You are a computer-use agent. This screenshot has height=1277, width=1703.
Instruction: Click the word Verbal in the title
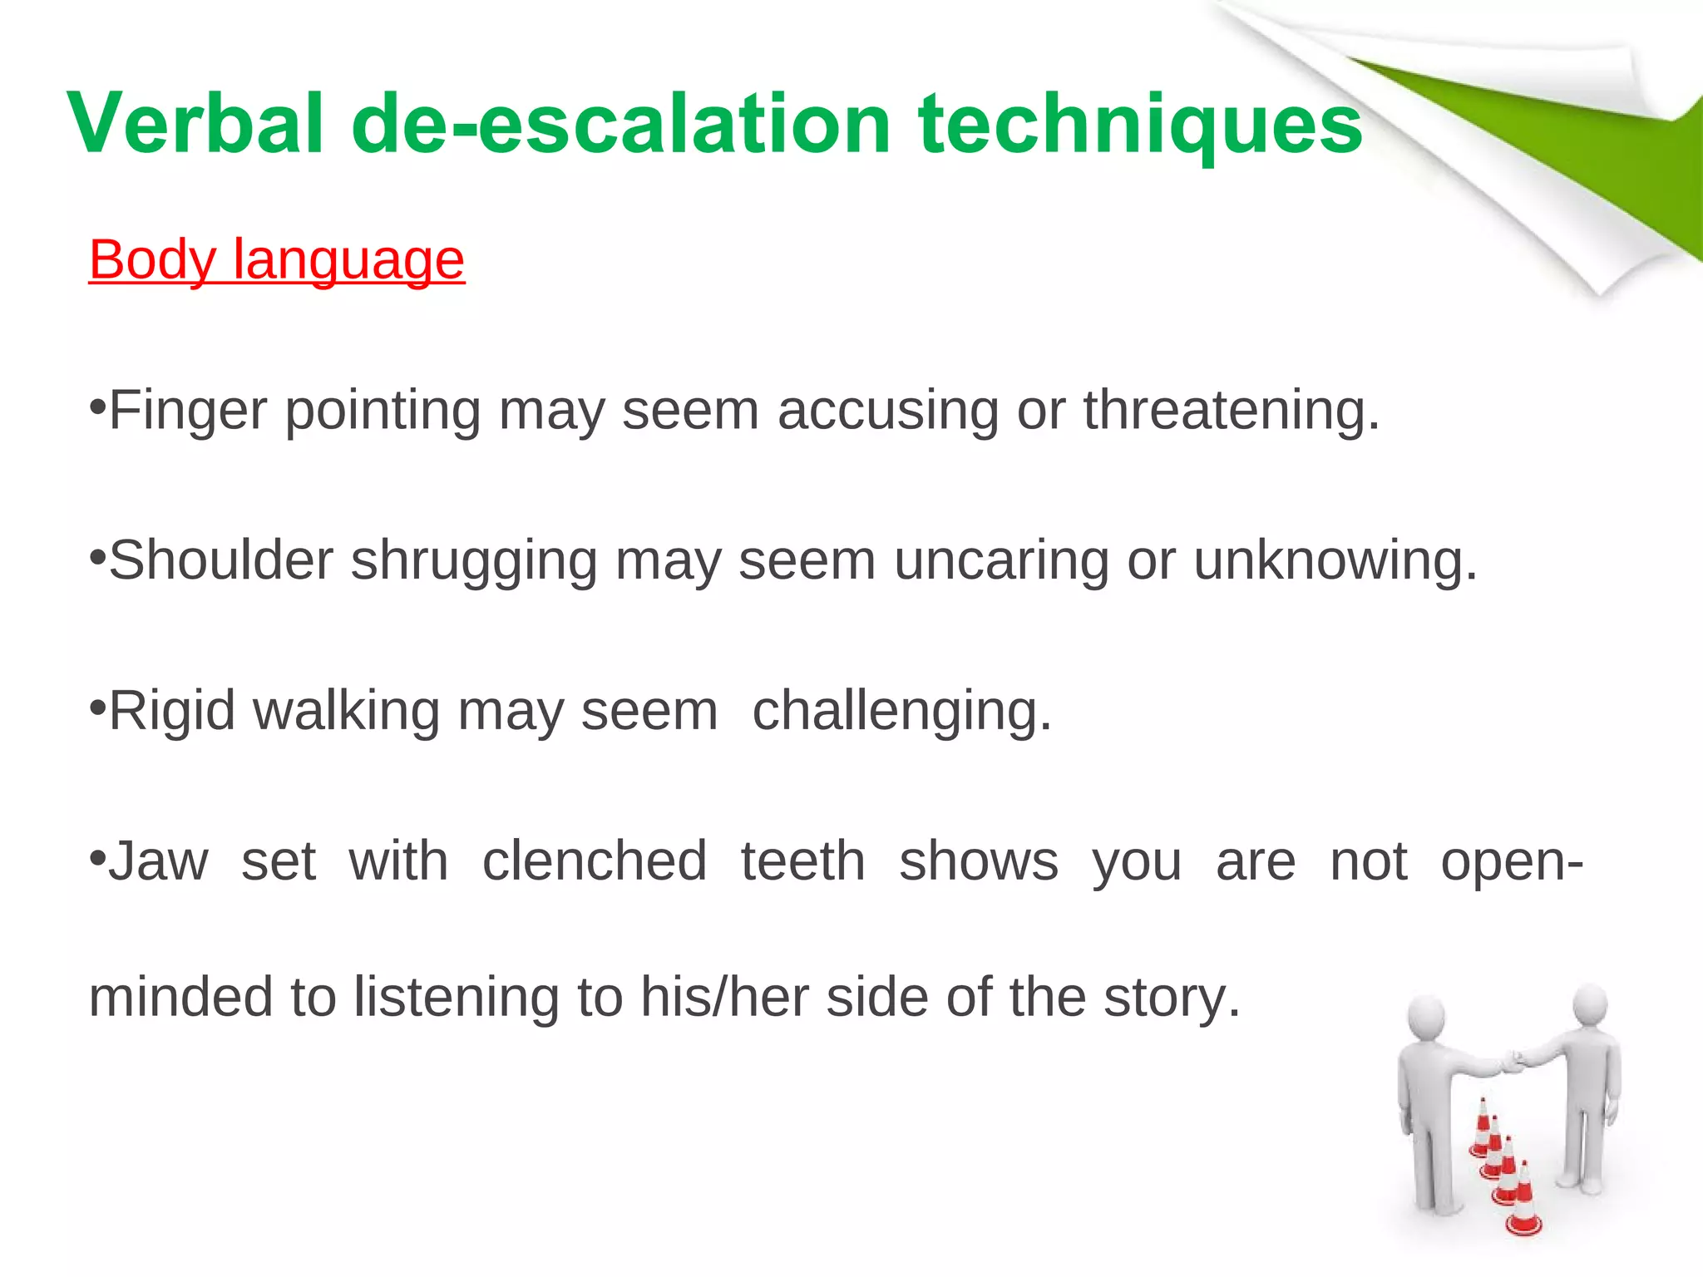click(195, 125)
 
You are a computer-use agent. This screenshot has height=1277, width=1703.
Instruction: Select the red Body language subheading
click(276, 259)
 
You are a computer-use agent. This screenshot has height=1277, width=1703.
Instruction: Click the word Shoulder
click(221, 560)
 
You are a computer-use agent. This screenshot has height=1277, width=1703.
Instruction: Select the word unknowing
click(1335, 560)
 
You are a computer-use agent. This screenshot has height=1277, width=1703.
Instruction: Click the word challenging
click(901, 711)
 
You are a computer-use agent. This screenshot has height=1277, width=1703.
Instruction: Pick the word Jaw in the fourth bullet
click(158, 861)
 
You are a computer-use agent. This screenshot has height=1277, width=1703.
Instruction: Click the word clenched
click(595, 861)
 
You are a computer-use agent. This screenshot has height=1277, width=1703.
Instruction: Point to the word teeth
click(803, 861)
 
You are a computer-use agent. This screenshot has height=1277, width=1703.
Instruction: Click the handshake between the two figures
click(1513, 1062)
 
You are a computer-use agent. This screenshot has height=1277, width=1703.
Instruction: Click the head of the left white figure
click(1425, 1016)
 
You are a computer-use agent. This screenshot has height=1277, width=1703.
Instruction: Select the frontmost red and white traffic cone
click(1523, 1201)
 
